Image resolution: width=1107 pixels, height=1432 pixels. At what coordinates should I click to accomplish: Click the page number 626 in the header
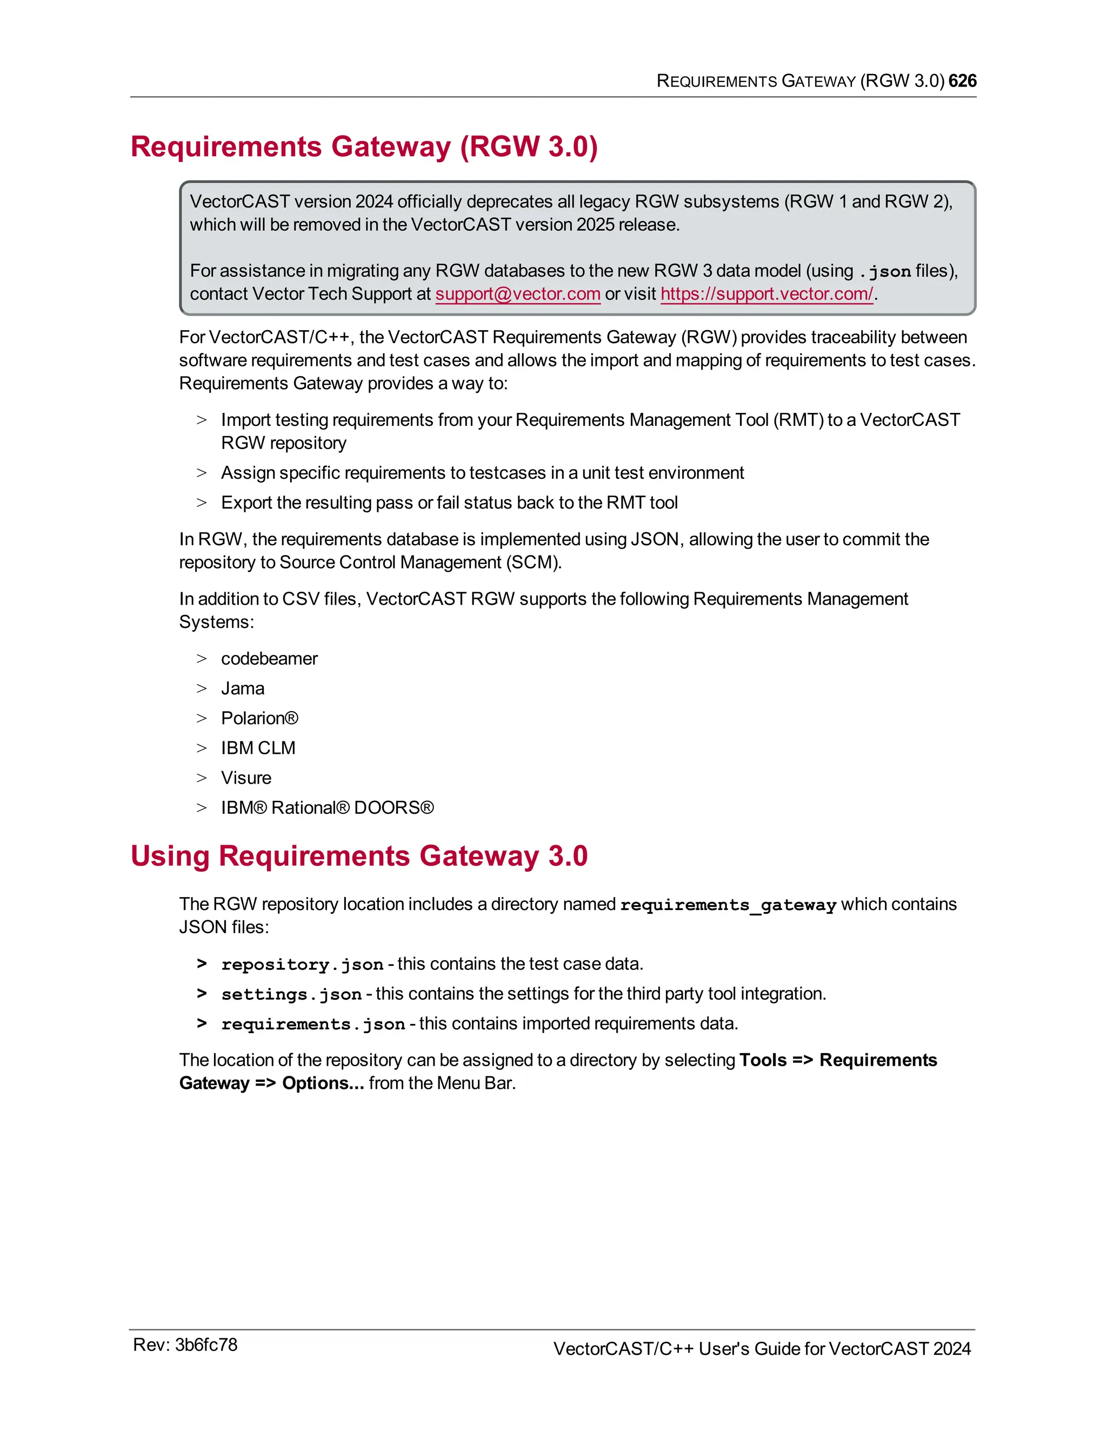click(962, 81)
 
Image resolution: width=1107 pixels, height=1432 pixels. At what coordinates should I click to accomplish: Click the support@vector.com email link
click(517, 294)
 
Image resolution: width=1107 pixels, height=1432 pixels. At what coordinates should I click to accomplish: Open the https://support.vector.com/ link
click(766, 294)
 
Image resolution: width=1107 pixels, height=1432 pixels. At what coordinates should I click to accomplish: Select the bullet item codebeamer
click(269, 658)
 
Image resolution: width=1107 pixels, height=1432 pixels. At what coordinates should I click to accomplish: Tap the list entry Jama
click(243, 688)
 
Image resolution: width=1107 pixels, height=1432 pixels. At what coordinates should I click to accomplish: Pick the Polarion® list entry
click(259, 718)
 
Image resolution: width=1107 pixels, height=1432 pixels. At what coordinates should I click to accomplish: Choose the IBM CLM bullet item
click(258, 748)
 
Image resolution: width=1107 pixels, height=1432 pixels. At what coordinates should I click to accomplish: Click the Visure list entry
click(246, 778)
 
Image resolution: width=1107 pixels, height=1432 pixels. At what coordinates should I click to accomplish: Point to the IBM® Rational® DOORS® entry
click(327, 808)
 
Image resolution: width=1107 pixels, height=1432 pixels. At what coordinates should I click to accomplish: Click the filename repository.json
click(302, 965)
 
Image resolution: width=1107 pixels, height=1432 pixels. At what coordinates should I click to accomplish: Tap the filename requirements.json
click(313, 1024)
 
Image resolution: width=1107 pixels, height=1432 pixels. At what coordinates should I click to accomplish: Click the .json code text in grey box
click(885, 271)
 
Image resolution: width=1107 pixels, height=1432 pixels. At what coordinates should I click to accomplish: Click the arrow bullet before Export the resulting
click(201, 503)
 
